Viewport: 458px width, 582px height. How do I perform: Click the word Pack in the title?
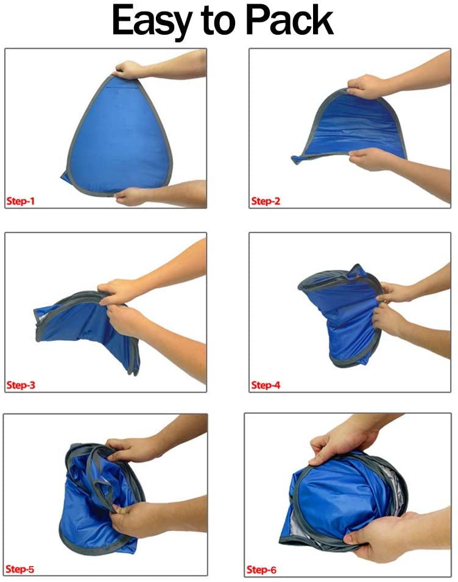pos(288,23)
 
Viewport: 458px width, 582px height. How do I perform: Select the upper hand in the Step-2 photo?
pos(368,85)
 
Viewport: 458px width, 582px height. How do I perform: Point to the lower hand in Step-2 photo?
pos(372,160)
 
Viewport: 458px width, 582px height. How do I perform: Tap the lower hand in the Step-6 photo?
pos(378,536)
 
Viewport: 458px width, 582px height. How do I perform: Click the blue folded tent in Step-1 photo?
pos(116,134)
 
